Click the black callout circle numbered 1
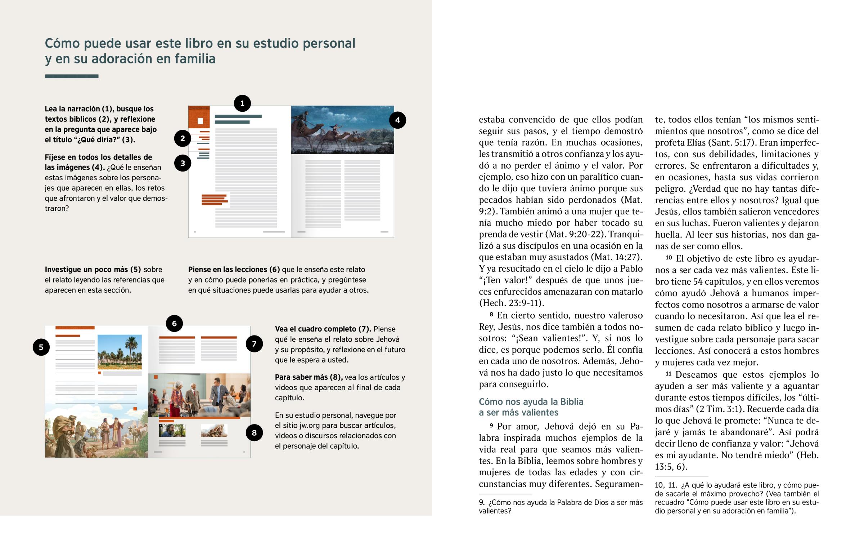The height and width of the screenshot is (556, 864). click(x=242, y=104)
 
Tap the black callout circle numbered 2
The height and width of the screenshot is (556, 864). click(x=183, y=138)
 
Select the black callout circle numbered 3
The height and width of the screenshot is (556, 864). click(x=183, y=163)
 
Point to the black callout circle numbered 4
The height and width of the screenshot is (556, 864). click(x=397, y=120)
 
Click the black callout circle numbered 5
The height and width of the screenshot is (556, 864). click(x=41, y=347)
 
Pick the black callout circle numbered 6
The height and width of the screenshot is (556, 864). click(x=174, y=324)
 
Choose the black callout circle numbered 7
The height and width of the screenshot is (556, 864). click(x=254, y=344)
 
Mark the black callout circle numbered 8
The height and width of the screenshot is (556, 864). click(x=254, y=432)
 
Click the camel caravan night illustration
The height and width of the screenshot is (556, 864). click(x=342, y=130)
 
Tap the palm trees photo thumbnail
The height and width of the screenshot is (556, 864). click(x=120, y=352)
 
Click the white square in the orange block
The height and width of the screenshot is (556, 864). click(x=200, y=121)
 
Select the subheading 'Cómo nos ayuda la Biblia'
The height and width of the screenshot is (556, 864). click(x=531, y=402)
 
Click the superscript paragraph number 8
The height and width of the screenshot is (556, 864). click(x=491, y=315)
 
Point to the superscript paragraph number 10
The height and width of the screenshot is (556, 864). click(x=669, y=257)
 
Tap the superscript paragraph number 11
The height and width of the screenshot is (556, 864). click(x=668, y=374)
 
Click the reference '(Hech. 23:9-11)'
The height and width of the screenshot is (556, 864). click(x=511, y=303)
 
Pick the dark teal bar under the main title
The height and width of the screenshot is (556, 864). click(x=71, y=76)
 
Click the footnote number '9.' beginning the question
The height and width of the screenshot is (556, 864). click(x=482, y=503)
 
